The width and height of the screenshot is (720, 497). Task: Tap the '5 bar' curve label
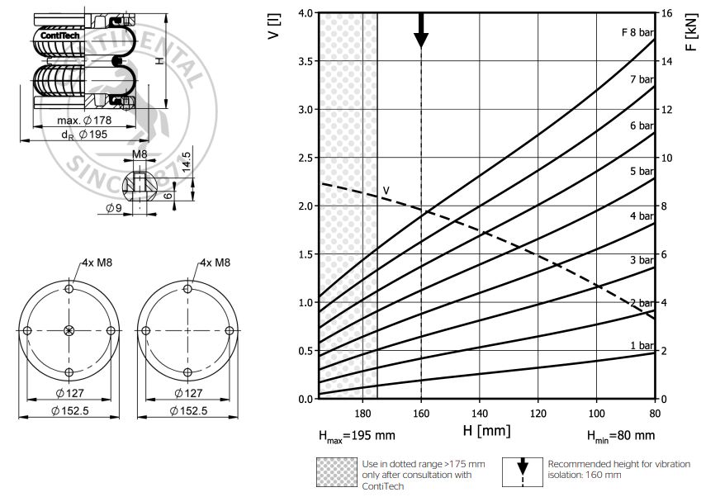[642, 171]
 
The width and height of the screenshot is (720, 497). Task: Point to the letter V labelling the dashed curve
[386, 192]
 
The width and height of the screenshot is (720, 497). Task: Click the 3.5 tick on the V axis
[305, 61]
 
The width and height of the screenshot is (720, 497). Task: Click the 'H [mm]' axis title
[486, 430]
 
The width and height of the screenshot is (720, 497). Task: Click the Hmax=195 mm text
[358, 435]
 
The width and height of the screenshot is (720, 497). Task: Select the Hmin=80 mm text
[620, 435]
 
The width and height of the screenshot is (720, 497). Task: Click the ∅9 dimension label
[114, 208]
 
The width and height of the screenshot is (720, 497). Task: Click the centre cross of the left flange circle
[69, 330]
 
